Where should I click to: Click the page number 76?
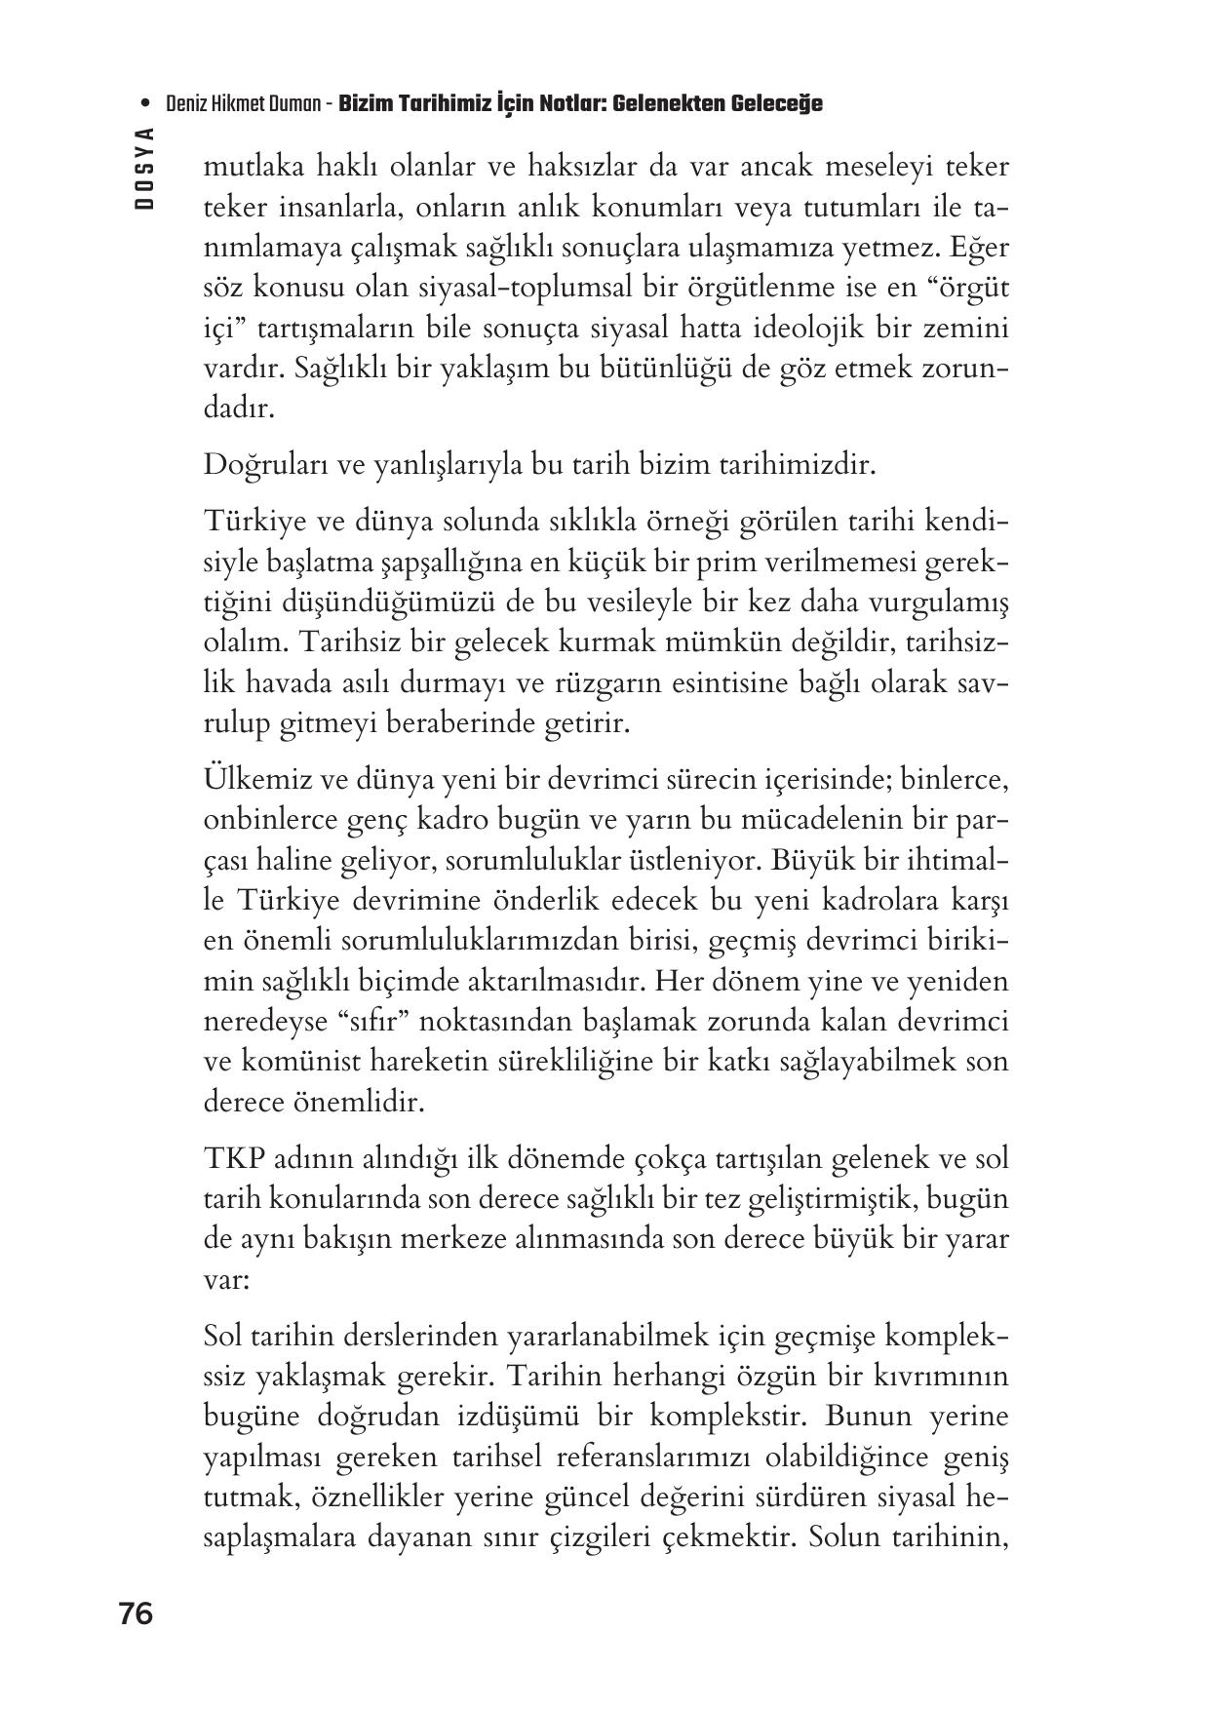(x=137, y=1614)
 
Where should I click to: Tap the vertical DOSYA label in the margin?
(x=145, y=168)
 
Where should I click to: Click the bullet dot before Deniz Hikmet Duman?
(x=145, y=103)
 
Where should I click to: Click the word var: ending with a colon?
(x=226, y=1280)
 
